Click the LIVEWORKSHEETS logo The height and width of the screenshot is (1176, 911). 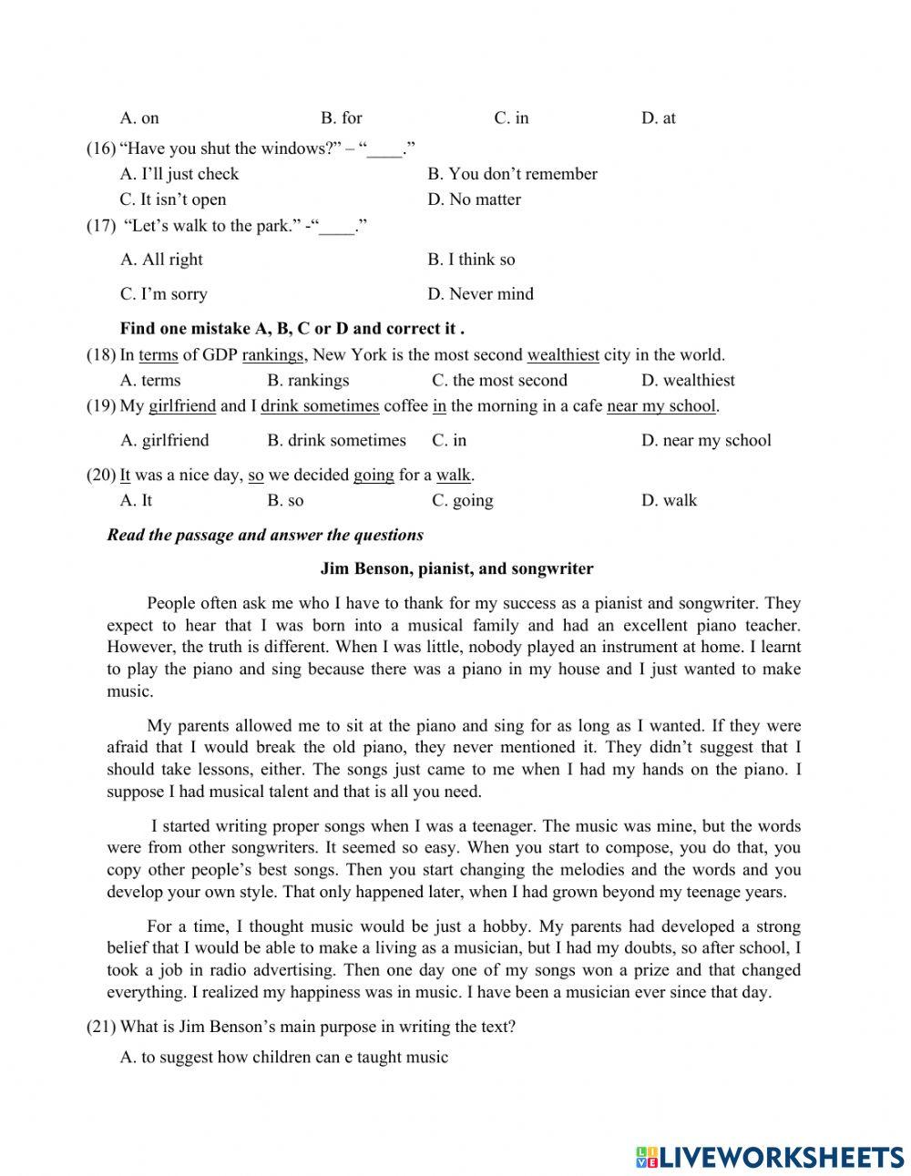(x=770, y=1157)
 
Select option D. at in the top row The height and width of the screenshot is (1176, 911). (x=658, y=118)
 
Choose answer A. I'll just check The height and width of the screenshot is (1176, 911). (x=179, y=174)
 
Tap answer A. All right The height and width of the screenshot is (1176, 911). (x=161, y=260)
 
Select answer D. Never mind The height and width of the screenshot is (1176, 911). (x=480, y=294)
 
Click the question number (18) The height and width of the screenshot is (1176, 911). (x=100, y=355)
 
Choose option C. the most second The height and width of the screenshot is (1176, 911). (x=499, y=381)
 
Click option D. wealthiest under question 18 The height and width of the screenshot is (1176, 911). (x=688, y=381)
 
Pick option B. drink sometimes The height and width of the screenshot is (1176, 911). (x=336, y=441)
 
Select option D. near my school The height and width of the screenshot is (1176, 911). (x=706, y=441)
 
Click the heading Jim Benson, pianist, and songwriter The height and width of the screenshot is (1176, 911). (x=456, y=569)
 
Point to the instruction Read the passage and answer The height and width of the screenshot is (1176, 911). (x=264, y=536)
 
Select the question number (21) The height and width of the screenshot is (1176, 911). (x=100, y=1028)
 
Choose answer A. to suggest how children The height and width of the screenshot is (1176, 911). (x=284, y=1058)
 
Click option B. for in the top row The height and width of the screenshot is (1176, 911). (x=342, y=118)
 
